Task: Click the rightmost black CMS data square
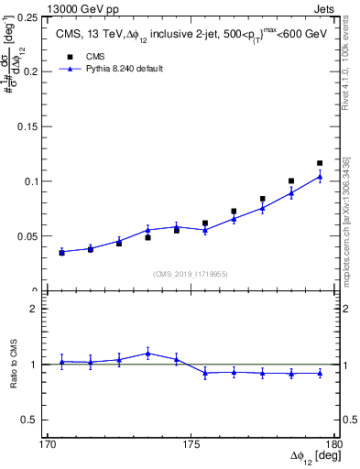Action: point(320,163)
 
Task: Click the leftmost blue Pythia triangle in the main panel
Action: point(61,252)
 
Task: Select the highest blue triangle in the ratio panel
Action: point(147,353)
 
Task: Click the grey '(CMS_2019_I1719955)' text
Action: point(191,273)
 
